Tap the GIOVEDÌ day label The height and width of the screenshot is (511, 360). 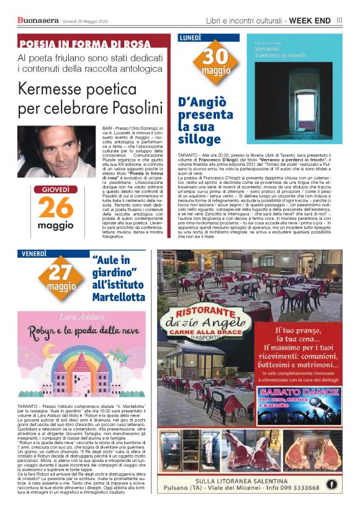point(55,189)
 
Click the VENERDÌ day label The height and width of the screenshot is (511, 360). point(34,253)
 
